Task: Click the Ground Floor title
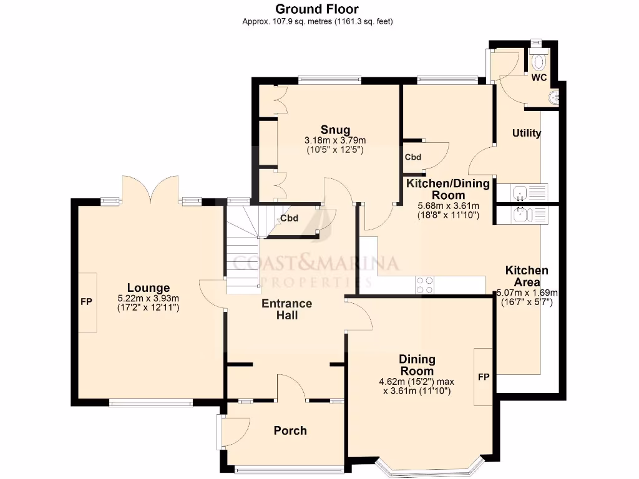317,9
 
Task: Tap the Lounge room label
149,288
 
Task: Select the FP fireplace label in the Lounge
86,302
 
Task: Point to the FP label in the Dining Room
483,377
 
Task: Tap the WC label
539,78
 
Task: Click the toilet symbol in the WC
539,61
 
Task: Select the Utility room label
526,133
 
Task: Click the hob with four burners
426,284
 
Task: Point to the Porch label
290,430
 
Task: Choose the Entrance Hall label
286,309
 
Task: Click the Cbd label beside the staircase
289,218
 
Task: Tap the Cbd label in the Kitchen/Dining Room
413,157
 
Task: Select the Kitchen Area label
527,276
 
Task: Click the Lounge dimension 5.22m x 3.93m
149,298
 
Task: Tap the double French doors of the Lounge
150,190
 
